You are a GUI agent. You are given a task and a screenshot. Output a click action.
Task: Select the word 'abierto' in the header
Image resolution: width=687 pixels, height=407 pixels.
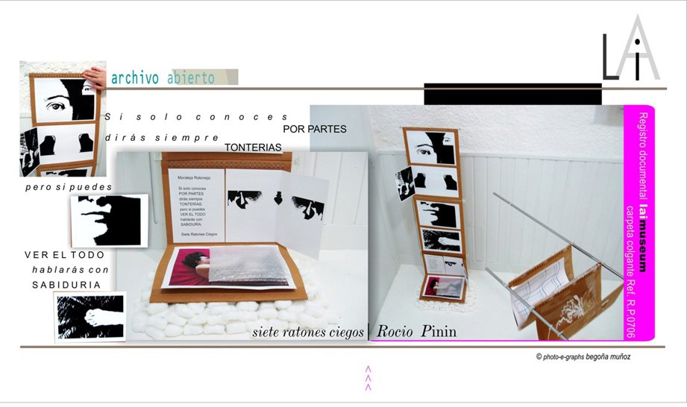[191, 78]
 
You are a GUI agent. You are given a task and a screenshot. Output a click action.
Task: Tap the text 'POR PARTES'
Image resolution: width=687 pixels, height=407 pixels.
[315, 129]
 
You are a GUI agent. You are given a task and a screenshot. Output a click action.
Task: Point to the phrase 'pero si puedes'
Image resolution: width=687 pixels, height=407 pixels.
[68, 186]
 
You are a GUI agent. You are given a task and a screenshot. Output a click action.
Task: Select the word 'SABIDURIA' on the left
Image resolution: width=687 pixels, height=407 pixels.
[66, 285]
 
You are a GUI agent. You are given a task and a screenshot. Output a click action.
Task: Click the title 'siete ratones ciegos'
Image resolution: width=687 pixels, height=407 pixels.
[308, 331]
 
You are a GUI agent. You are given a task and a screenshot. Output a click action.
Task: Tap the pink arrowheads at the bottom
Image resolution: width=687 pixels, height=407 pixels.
[368, 378]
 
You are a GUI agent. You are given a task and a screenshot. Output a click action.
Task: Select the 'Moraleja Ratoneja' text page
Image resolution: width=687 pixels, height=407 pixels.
[192, 205]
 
